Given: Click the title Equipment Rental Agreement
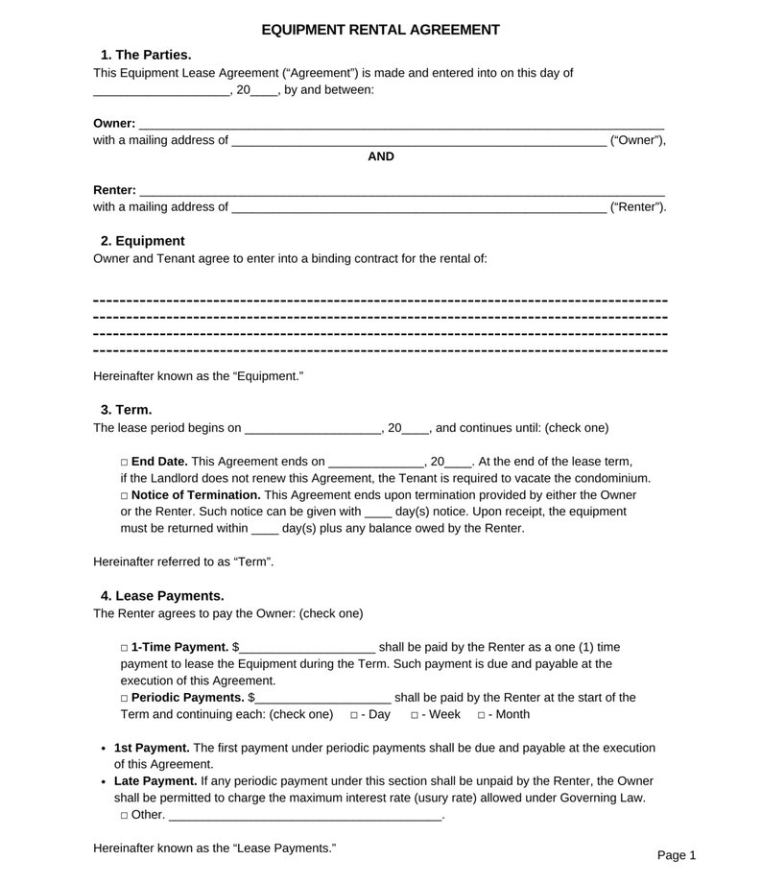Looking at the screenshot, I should pos(380,30).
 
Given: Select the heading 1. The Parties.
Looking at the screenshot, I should pos(146,55).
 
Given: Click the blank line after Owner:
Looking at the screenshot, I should pos(401,124).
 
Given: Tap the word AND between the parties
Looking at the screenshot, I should pos(381,156).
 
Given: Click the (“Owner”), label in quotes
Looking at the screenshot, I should pos(637,140).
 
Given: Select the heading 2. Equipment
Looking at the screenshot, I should pos(142,241).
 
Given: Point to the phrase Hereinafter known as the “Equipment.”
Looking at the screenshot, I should pos(198,376).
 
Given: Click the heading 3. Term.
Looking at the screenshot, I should pos(126,410).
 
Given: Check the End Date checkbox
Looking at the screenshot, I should pos(125,462).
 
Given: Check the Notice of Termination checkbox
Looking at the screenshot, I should pos(125,495).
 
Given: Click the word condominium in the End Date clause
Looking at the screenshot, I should pos(609,478).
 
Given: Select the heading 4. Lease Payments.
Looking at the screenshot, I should pos(162,596).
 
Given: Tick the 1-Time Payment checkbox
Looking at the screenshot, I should pos(125,648).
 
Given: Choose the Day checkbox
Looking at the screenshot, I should pos(354,715).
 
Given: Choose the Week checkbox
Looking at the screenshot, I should pos(415,715).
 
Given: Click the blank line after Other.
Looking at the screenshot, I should pos(305,816).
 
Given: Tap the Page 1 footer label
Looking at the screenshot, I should pos(676,855).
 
